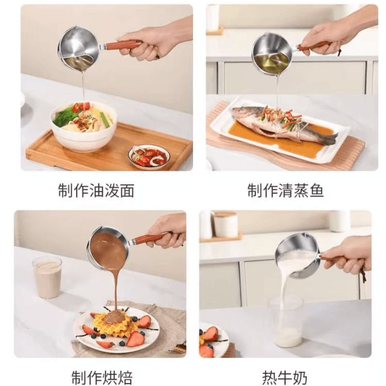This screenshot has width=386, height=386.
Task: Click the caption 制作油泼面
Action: [x=96, y=190]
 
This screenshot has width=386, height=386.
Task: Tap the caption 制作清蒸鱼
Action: [x=286, y=190]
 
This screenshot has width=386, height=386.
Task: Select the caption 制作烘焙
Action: [x=102, y=377]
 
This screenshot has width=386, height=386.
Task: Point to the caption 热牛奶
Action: [x=285, y=377]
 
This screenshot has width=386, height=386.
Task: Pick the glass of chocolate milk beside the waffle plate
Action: [x=47, y=276]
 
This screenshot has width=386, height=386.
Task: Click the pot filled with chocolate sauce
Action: [x=108, y=248]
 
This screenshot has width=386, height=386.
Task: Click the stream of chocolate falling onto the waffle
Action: [x=116, y=290]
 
